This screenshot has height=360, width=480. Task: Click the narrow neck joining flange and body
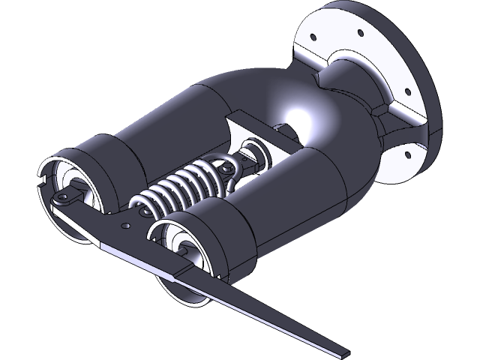pyautogui.click(x=352, y=90)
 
